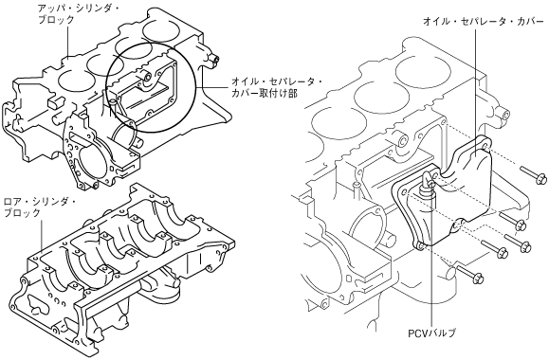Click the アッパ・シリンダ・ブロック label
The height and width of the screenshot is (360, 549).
[x=78, y=13]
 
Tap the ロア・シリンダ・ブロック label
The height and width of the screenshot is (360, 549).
[x=39, y=207]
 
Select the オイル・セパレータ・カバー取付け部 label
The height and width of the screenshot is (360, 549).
[x=277, y=87]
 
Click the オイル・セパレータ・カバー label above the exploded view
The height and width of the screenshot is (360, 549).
[x=484, y=22]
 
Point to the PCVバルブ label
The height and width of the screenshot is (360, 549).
[x=432, y=333]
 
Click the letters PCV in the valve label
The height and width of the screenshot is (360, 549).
[x=417, y=333]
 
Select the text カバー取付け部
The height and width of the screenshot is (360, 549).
[x=265, y=94]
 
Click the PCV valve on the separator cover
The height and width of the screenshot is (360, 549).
[x=427, y=186]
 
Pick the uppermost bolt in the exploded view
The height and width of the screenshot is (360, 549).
[x=533, y=174]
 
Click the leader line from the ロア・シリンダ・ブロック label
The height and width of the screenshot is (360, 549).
[x=42, y=236]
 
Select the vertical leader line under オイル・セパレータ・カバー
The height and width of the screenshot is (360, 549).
[x=475, y=92]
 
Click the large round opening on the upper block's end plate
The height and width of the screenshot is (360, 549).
[x=91, y=159]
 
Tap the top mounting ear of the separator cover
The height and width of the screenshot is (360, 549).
[x=484, y=143]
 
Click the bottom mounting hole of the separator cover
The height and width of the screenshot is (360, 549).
[x=420, y=246]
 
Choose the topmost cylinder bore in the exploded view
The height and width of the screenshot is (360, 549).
[x=423, y=71]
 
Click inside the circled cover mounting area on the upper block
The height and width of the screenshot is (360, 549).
[x=152, y=87]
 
